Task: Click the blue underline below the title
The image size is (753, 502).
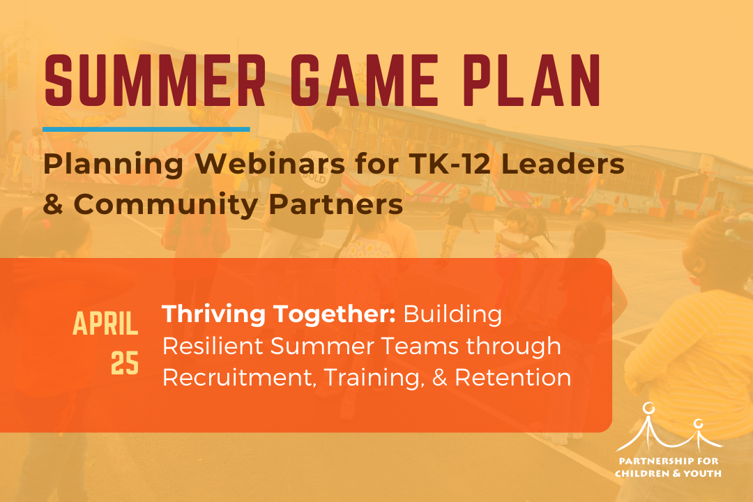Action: (x=146, y=129)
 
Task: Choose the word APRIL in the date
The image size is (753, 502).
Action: (x=105, y=324)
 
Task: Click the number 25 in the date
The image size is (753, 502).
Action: (x=125, y=363)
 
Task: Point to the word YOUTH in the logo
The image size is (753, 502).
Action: (x=703, y=473)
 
